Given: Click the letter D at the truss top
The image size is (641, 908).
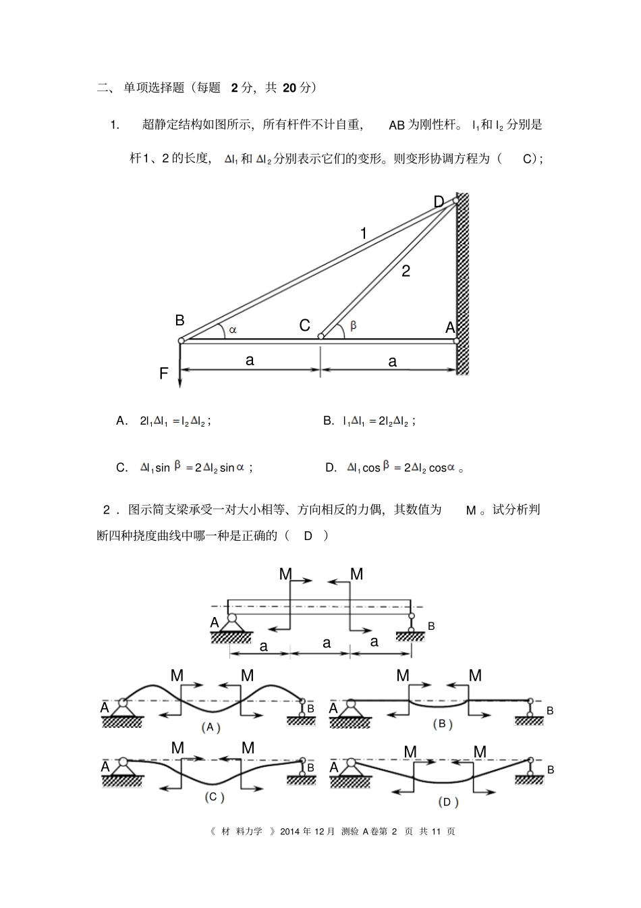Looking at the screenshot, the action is point(439,202).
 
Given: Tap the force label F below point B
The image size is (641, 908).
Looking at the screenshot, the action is point(163,373).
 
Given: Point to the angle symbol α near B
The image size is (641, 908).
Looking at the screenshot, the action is point(233,329).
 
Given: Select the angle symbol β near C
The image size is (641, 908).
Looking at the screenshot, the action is point(353,325).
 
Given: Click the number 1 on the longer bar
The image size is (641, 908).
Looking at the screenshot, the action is point(364,234).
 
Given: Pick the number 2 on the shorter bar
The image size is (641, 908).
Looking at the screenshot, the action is point(406,271).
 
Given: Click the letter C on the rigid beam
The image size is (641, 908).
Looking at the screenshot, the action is point(304,326).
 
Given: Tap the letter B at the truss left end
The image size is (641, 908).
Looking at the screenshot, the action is point(179,320).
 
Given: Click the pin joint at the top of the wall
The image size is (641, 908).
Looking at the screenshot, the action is point(455,200).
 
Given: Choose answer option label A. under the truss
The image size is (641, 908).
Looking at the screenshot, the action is point(122,421).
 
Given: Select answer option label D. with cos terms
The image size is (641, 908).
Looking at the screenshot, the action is point(331,467).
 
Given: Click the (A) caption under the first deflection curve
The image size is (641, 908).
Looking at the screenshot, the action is point(211,727).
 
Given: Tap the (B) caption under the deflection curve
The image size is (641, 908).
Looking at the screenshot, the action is point(442,724).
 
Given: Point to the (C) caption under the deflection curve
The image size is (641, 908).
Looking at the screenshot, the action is point(214,797).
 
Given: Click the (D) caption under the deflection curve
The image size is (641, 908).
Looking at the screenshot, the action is point(445,802).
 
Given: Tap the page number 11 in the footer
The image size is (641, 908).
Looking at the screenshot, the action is point(435,831).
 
